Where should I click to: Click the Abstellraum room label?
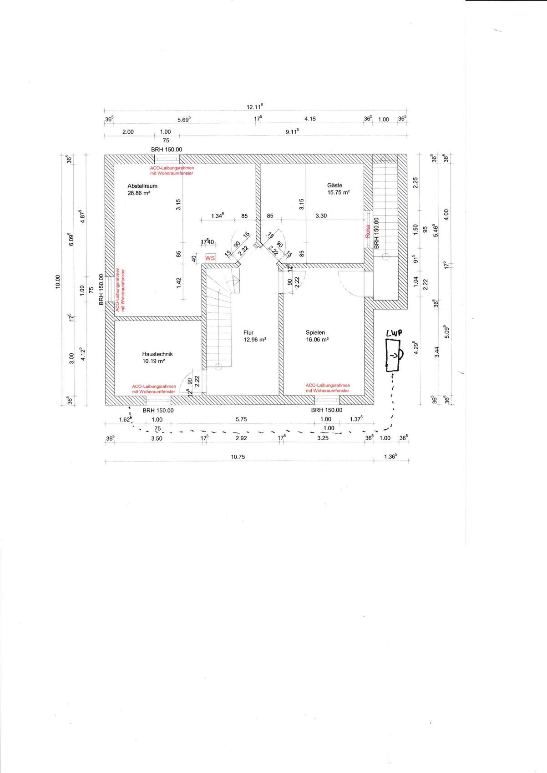(x=142, y=186)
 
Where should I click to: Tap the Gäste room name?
(x=334, y=186)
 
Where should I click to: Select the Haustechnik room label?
(x=157, y=354)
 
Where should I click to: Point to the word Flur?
(x=248, y=332)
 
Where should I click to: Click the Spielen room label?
(x=315, y=332)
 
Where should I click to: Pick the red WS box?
(x=210, y=258)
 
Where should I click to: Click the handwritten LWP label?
(x=394, y=333)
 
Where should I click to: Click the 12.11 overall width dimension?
(x=255, y=107)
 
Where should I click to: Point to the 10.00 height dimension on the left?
(x=58, y=281)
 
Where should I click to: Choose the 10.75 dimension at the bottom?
(x=238, y=457)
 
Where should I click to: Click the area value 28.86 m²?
(x=139, y=193)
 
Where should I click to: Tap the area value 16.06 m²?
(x=317, y=340)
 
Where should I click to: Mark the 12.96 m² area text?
(x=255, y=340)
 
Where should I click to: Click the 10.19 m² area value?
(x=153, y=361)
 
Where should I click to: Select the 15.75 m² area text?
(x=339, y=193)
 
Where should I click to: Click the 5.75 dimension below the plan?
(x=241, y=419)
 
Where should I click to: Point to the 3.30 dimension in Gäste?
(x=321, y=216)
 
